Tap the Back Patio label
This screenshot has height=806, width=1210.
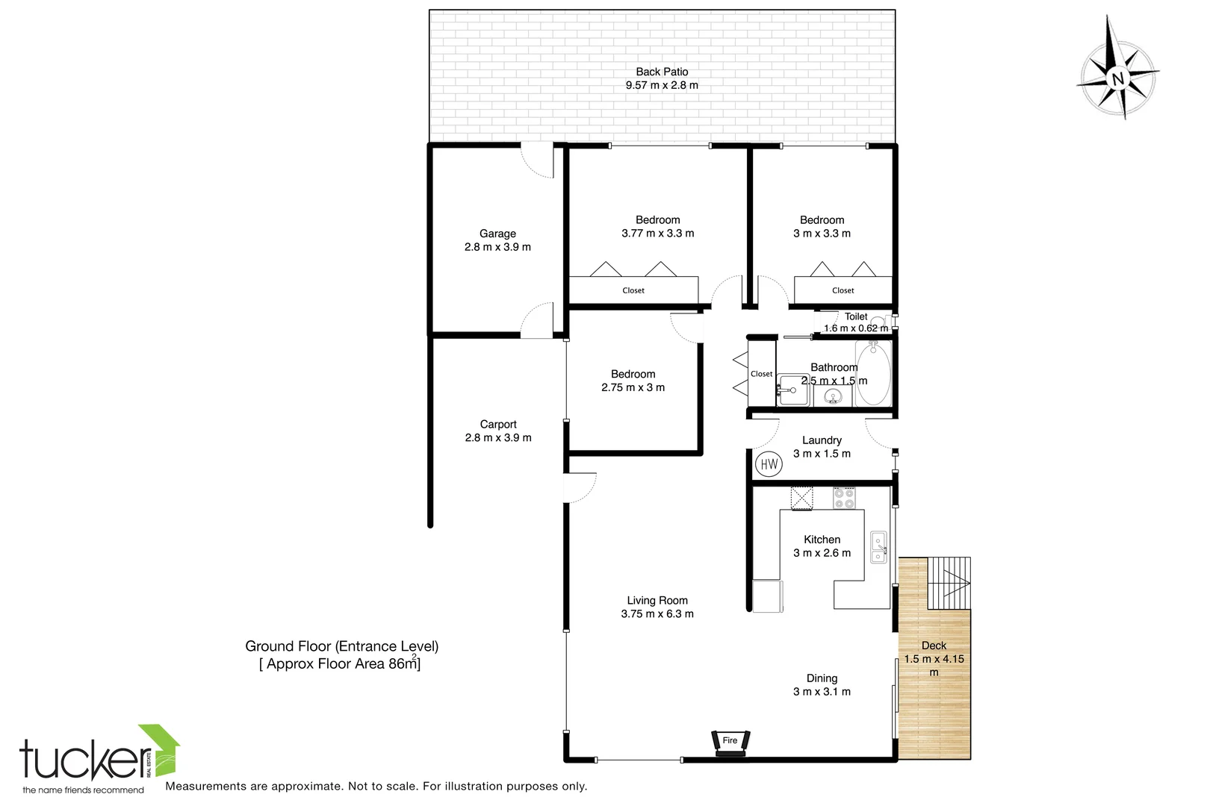662,72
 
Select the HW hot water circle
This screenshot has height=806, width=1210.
769,464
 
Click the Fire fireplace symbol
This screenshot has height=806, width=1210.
730,742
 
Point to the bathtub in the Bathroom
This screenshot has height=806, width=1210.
872,373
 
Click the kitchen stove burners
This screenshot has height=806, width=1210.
844,498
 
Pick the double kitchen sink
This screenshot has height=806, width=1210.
878,547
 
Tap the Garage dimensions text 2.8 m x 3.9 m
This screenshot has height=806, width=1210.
497,247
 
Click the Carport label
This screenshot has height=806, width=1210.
498,424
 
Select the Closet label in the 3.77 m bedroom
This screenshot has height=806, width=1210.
633,290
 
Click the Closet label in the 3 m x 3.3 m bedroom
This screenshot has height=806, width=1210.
843,290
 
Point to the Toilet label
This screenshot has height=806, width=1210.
856,316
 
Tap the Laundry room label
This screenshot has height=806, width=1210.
822,440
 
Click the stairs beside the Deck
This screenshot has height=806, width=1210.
949,583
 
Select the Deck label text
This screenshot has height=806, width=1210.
934,646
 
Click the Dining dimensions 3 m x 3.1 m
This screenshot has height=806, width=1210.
822,692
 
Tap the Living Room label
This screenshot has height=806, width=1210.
657,600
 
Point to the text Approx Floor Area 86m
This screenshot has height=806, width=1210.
340,663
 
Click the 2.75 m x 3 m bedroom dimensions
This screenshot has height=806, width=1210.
633,387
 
